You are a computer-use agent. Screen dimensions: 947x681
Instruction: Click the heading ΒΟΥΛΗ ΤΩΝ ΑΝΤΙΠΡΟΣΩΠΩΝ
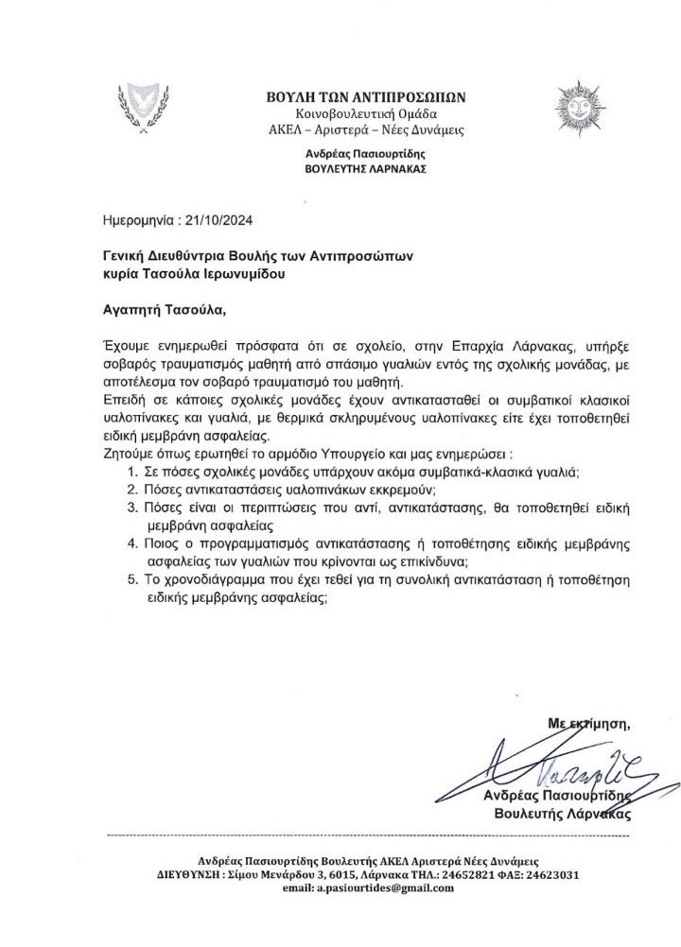(x=367, y=96)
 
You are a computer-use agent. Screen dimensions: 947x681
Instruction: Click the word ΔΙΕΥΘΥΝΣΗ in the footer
(x=190, y=874)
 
